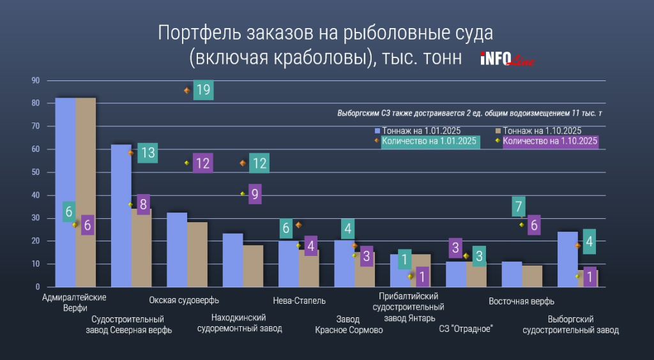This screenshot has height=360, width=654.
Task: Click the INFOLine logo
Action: [x=506, y=59]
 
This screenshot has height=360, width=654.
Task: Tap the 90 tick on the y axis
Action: [x=36, y=80]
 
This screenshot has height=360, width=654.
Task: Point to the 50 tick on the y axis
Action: [x=36, y=172]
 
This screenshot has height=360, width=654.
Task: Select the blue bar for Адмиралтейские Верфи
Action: [x=65, y=191]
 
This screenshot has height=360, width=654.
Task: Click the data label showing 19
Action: [x=203, y=90]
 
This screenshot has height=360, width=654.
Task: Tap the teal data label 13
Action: [x=148, y=153]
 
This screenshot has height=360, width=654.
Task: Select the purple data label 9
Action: [x=254, y=194]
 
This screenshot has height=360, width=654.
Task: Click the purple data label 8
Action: [x=143, y=205]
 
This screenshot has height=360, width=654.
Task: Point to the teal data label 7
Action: [x=519, y=206]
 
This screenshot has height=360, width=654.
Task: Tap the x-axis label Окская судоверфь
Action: [x=184, y=300]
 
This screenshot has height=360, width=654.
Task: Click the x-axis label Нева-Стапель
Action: [x=299, y=300]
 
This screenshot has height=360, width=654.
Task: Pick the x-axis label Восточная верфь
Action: [x=521, y=301]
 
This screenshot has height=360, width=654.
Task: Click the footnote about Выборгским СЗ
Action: [x=469, y=113]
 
